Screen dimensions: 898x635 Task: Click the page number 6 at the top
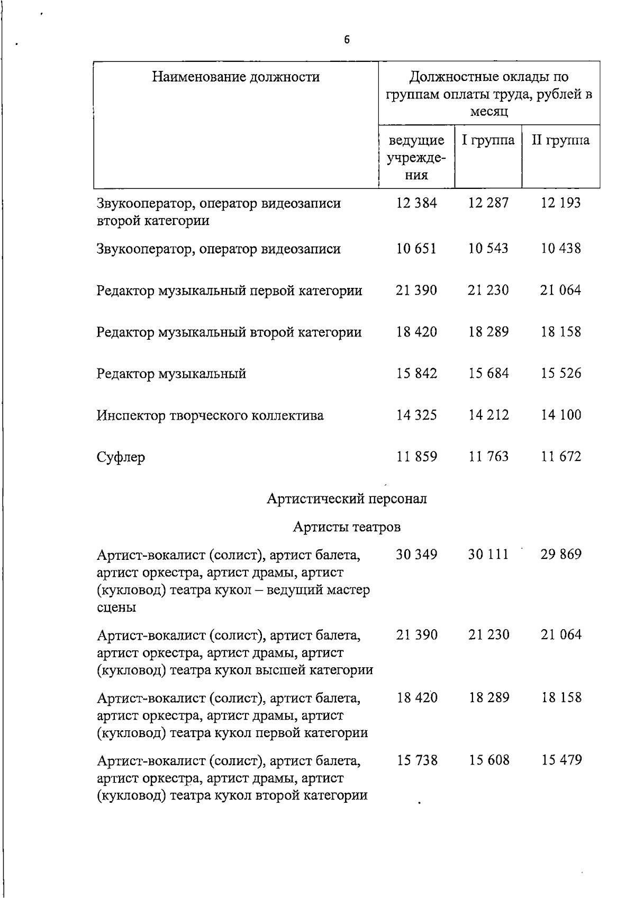[x=347, y=40]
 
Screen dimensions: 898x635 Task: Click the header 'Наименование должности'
[x=236, y=77]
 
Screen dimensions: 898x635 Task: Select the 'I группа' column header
[x=488, y=140]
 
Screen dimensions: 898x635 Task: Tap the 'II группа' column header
[x=560, y=140]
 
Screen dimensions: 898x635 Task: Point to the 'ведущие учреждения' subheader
[x=416, y=158]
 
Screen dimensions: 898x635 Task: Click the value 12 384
[x=416, y=203]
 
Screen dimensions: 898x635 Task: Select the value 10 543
[x=488, y=249]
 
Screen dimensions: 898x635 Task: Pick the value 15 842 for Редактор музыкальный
[x=416, y=374]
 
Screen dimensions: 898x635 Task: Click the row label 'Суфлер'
[x=121, y=457]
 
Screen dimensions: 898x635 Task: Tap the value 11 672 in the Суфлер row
[x=560, y=457]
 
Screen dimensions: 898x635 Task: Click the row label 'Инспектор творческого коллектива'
[x=210, y=415]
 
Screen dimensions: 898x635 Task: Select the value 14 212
[x=488, y=415]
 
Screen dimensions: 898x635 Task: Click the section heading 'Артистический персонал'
[x=347, y=499]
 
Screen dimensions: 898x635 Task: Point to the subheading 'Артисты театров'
[x=347, y=527]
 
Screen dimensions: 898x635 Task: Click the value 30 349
[x=416, y=555]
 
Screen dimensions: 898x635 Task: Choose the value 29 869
[x=560, y=555]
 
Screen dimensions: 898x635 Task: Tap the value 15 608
[x=488, y=760]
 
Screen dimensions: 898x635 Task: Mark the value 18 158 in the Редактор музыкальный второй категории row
[x=560, y=332]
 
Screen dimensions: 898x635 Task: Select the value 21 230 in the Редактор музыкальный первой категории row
[x=488, y=291]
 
